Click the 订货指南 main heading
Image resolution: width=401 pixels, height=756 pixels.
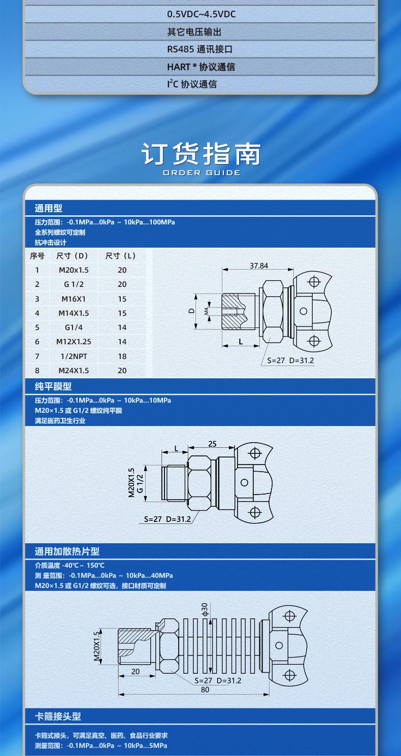[x=201, y=154]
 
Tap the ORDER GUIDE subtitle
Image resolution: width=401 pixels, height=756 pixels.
[x=202, y=173]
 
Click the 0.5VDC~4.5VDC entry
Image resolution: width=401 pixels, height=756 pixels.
[x=202, y=14]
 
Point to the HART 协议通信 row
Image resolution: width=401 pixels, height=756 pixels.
[x=201, y=67]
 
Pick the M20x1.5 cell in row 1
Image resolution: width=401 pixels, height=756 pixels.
[x=74, y=270]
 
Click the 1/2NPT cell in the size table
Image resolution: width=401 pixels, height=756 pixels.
[x=74, y=356]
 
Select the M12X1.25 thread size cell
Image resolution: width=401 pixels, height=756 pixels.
[x=74, y=342]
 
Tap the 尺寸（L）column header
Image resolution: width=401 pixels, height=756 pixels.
[x=121, y=255]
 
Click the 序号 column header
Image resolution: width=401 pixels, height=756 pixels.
[x=37, y=255]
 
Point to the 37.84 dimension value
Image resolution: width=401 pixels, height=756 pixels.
[x=259, y=266]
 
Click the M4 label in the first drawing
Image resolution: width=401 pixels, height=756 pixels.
[x=207, y=311]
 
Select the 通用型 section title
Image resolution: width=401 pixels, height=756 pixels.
[x=49, y=208]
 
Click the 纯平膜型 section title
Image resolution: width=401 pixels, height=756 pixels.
[x=53, y=387]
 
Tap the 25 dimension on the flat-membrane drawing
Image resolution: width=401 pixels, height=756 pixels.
[x=212, y=444]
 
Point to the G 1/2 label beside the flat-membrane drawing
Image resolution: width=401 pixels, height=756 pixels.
[x=140, y=482]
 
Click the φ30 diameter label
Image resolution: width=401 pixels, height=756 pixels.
[x=205, y=609]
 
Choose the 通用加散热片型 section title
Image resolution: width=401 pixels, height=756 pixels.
[x=67, y=551]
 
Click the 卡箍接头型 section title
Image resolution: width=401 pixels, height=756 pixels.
[x=58, y=716]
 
